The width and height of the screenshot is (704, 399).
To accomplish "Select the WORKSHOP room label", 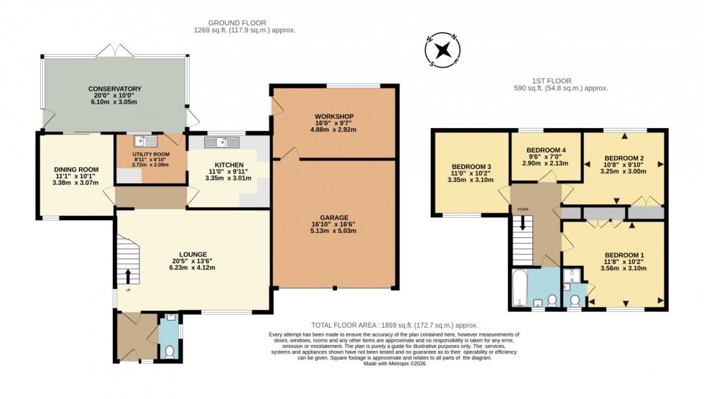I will point(333,116).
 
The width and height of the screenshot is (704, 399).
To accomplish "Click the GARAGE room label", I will point(333,216).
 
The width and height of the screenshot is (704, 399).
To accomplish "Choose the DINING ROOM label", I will point(75,170).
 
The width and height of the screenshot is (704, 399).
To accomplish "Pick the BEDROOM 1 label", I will point(624,255).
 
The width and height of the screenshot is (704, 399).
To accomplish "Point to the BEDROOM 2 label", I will point(623,157).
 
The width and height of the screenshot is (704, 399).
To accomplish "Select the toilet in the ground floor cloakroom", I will point(169,350).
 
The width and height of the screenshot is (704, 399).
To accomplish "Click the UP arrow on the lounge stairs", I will point(129,275).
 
